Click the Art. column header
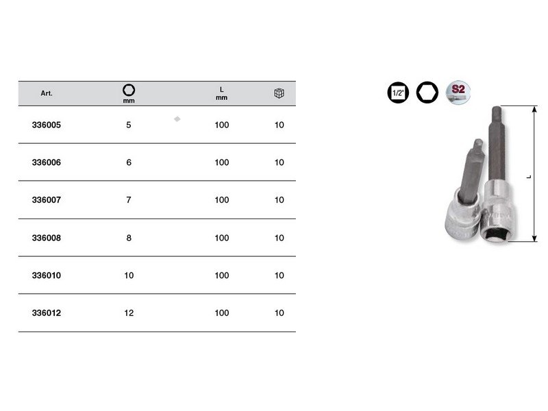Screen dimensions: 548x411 (47, 93)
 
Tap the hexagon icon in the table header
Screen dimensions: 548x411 (129, 90)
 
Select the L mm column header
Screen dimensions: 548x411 (221, 94)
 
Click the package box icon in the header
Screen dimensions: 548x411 (279, 93)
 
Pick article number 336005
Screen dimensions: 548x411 (47, 125)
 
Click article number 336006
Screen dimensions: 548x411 (47, 162)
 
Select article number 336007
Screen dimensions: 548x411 (47, 200)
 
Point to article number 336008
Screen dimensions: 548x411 (47, 238)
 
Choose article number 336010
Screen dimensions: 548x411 (47, 275)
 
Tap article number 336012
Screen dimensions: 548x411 (47, 313)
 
